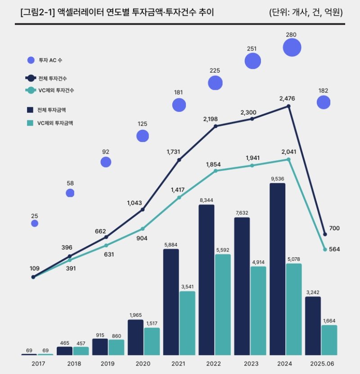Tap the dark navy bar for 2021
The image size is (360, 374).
(x=171, y=302)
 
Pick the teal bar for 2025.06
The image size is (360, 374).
(x=329, y=340)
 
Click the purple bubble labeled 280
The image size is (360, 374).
(x=292, y=47)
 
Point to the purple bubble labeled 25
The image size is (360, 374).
(x=35, y=223)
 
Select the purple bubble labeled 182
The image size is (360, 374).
(x=323, y=103)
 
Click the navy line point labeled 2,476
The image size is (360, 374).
(x=288, y=106)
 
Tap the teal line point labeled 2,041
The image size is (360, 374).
(x=288, y=159)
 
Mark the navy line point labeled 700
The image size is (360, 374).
(x=325, y=234)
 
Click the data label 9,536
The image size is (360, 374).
(x=278, y=178)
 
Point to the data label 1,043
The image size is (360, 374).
(x=134, y=203)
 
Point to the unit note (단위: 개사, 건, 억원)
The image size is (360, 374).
(x=306, y=12)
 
